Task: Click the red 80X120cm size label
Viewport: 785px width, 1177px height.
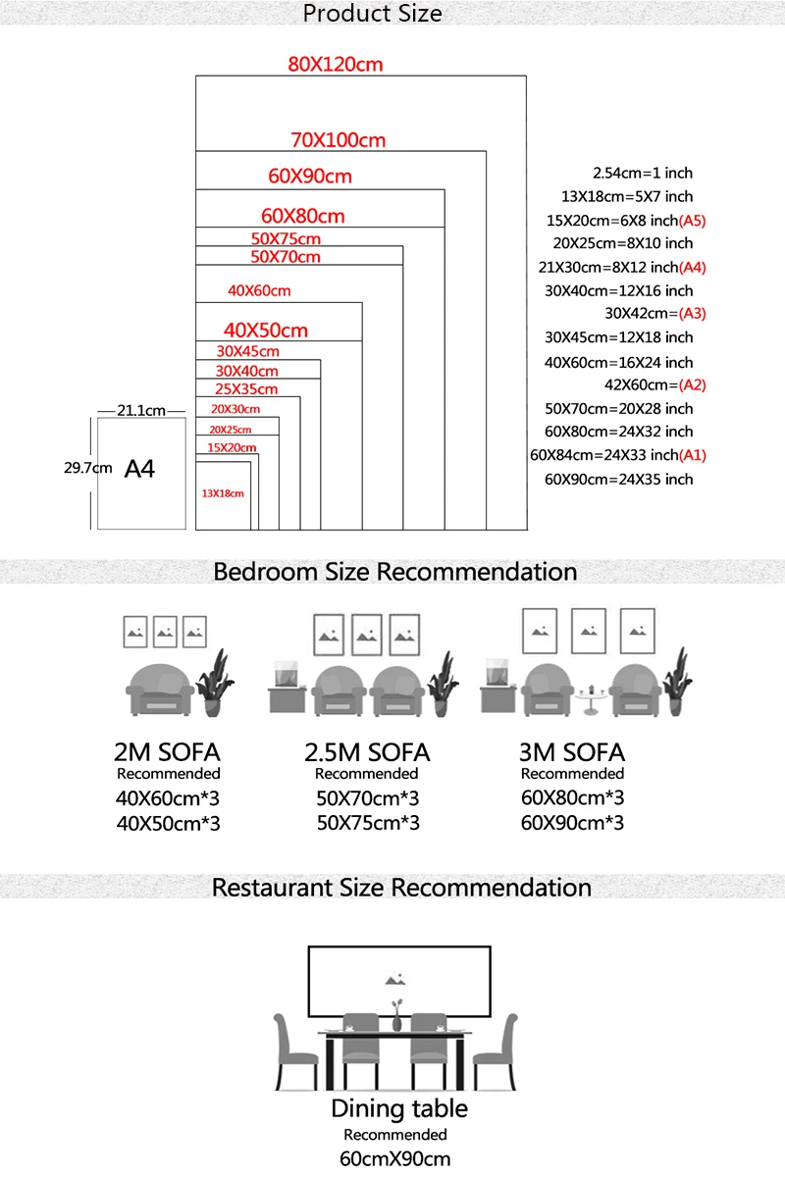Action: coord(335,65)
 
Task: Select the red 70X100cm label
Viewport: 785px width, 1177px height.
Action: coord(338,140)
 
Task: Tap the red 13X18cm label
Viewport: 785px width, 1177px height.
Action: coord(222,493)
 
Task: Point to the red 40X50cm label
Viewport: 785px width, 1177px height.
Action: coord(265,330)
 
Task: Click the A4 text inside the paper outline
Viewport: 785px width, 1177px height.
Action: coord(139,469)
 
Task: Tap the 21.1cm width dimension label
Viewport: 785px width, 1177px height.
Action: coord(141,411)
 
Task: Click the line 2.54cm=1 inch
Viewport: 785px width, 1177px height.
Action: coord(643,173)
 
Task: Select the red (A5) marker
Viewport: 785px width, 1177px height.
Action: coord(692,221)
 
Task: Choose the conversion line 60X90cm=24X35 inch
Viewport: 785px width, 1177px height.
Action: coord(618,479)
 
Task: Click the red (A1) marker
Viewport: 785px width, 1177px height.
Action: coord(692,455)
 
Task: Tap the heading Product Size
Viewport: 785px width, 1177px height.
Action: coord(372,14)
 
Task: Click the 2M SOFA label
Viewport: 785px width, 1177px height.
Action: coord(167,752)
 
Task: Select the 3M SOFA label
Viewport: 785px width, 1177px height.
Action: coord(571,752)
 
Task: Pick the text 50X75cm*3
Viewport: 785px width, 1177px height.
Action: coord(368,823)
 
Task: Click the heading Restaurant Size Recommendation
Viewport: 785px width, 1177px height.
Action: coord(401,888)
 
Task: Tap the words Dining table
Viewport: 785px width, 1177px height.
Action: coord(398,1109)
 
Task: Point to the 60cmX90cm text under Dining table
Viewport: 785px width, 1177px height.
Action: coord(394,1158)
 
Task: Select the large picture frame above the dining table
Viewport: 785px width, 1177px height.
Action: coord(398,982)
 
